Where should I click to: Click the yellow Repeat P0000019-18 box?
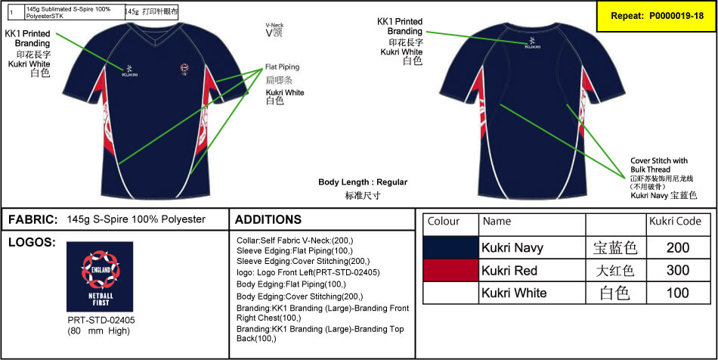click(655, 16)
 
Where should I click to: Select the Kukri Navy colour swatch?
click(451, 247)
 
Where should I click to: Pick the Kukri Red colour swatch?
click(451, 270)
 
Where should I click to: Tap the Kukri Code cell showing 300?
click(678, 270)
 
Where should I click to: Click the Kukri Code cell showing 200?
click(678, 247)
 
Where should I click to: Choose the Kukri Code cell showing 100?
click(678, 293)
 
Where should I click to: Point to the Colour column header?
click(444, 222)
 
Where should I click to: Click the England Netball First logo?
click(100, 277)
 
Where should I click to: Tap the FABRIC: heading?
click(33, 219)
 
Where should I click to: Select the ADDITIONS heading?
click(268, 219)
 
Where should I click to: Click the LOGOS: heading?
click(30, 243)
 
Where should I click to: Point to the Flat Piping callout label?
click(283, 67)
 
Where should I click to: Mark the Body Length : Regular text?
click(363, 182)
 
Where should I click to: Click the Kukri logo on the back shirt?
click(533, 43)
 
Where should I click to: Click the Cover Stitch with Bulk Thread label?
click(659, 165)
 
